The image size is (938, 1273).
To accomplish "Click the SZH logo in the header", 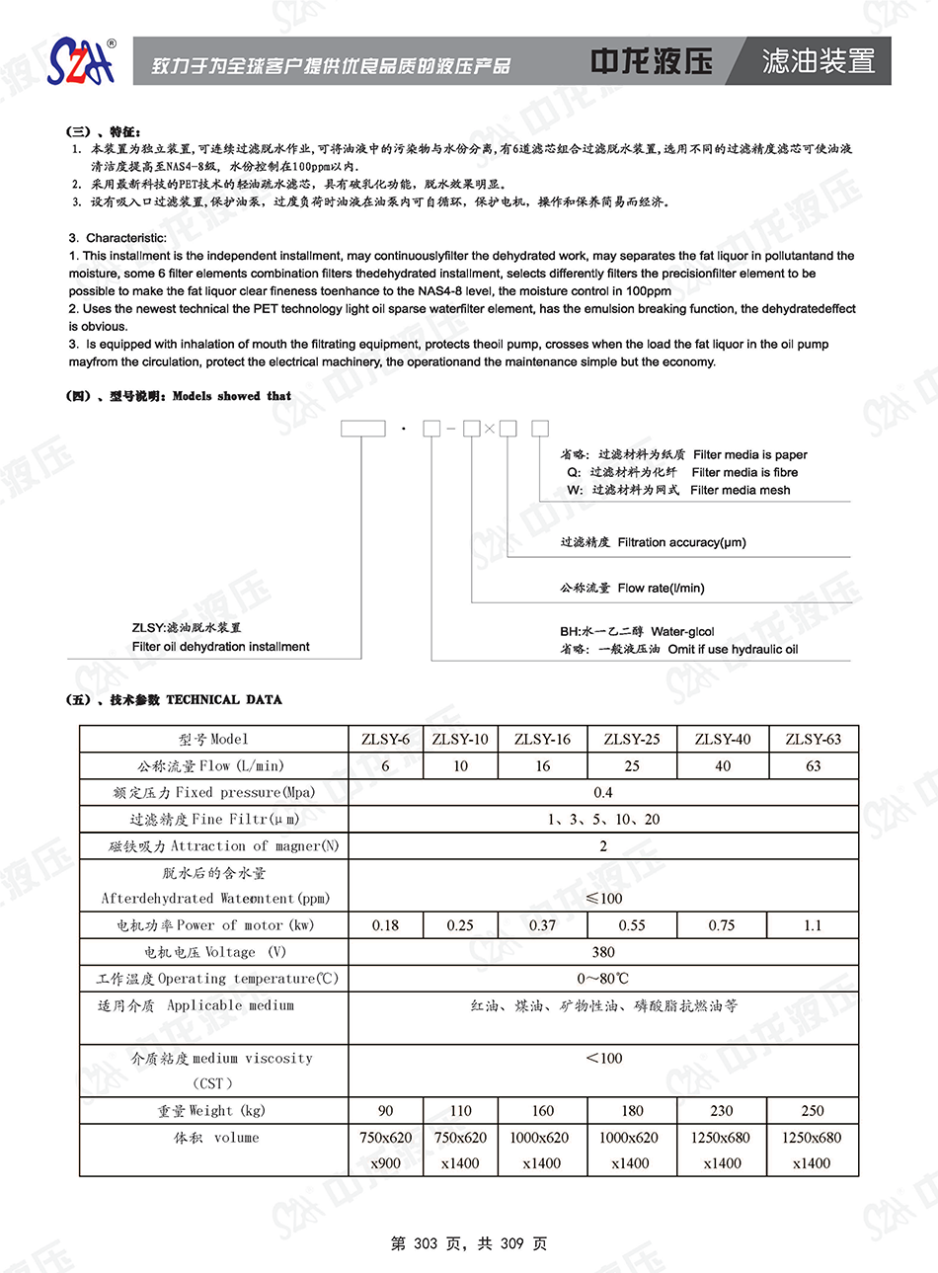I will click(83, 61).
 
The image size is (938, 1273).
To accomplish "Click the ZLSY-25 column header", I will click(632, 739).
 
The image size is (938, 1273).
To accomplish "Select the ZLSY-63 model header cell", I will click(813, 739).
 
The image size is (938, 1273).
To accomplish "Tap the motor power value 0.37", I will click(542, 925).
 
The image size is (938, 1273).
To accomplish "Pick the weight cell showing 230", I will click(722, 1111).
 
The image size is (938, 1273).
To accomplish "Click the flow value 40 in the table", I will click(723, 765).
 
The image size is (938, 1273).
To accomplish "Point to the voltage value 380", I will click(603, 952).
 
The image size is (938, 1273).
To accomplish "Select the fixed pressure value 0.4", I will click(603, 792).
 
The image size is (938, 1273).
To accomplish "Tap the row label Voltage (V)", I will click(214, 952).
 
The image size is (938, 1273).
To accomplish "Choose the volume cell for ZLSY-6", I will click(385, 1150).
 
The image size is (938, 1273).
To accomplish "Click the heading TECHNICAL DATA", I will click(224, 699).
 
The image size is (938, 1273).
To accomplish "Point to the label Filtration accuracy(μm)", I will click(681, 542).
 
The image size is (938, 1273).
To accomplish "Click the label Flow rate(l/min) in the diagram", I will click(661, 588).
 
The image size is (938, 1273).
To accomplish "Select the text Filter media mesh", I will click(740, 490).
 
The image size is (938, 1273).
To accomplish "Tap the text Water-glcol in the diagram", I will click(682, 631).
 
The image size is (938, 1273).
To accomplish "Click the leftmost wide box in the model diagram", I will click(362, 429).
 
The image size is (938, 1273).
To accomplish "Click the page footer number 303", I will click(426, 1243).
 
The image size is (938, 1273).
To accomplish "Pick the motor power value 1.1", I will click(813, 925).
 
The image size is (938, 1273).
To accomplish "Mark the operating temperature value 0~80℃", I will click(603, 979).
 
